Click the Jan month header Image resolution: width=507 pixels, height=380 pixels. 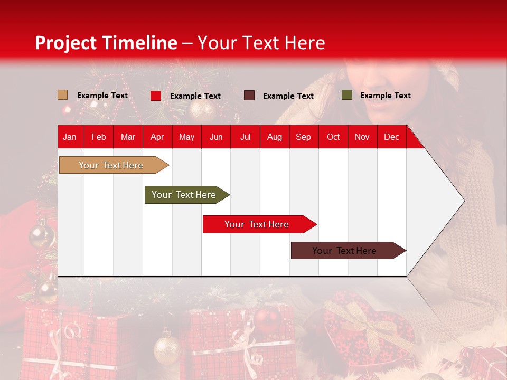(70, 137)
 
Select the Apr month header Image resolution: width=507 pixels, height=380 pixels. (157, 137)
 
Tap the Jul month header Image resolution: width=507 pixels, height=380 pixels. (245, 137)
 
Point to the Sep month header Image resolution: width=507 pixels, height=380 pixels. (303, 137)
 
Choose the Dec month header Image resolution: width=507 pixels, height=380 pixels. (391, 137)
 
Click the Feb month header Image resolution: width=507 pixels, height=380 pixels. (99, 137)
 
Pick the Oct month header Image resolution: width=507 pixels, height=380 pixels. (333, 137)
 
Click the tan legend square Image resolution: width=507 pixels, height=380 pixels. (63, 95)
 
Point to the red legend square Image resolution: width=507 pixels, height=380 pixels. (155, 96)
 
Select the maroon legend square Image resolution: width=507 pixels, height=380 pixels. (249, 96)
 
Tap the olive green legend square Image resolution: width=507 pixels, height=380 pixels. (347, 95)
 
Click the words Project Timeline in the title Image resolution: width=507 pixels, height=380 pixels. (106, 43)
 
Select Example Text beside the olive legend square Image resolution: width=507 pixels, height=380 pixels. (385, 96)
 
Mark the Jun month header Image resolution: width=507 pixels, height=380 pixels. (216, 137)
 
